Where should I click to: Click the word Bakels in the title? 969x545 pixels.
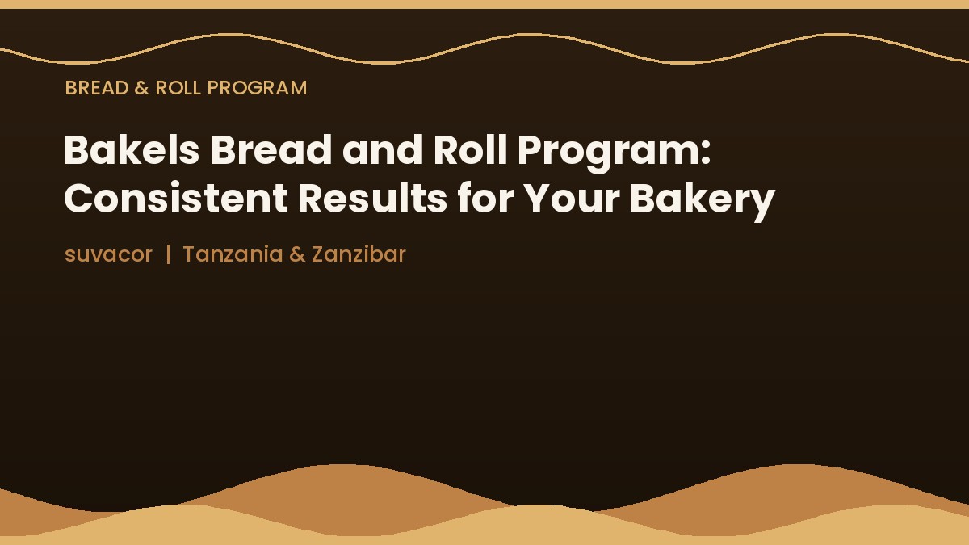pos(132,149)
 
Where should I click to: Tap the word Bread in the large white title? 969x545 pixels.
pos(271,149)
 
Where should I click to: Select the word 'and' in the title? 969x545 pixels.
pos(382,149)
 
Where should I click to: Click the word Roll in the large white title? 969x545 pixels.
pos(470,149)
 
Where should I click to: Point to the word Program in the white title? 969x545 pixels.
pos(608,153)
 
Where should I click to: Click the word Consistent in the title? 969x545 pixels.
pos(176,198)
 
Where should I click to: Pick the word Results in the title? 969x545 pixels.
pos(372,198)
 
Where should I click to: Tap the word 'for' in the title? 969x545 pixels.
pos(486,198)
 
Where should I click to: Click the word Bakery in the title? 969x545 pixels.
pos(703,202)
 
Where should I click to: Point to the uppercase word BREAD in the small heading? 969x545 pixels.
pos(97,88)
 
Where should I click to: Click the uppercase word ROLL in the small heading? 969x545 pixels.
pos(178,88)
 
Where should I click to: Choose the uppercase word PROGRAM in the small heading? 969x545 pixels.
pos(257,88)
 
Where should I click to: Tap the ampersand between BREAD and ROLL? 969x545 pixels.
pos(142,88)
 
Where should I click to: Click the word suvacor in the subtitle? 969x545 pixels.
pos(108,254)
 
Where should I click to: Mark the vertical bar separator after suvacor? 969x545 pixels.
pos(168,254)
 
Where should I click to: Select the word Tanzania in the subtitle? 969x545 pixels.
pos(233,254)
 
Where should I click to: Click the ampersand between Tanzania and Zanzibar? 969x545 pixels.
pos(297,254)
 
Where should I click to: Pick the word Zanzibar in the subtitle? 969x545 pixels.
pos(359,254)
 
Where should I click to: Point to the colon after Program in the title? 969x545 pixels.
pos(705,153)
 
